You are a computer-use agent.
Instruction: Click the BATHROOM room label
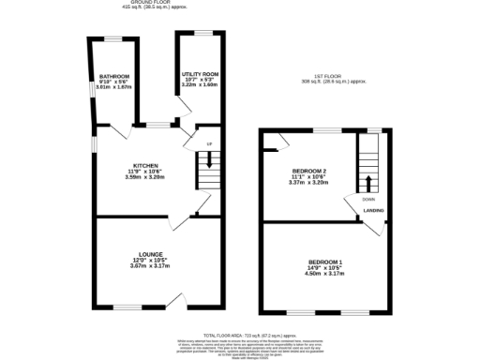click(x=114, y=76)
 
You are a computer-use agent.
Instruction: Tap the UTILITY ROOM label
click(x=199, y=73)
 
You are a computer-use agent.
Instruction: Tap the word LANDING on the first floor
click(x=374, y=211)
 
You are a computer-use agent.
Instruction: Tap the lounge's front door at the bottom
click(x=174, y=300)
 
